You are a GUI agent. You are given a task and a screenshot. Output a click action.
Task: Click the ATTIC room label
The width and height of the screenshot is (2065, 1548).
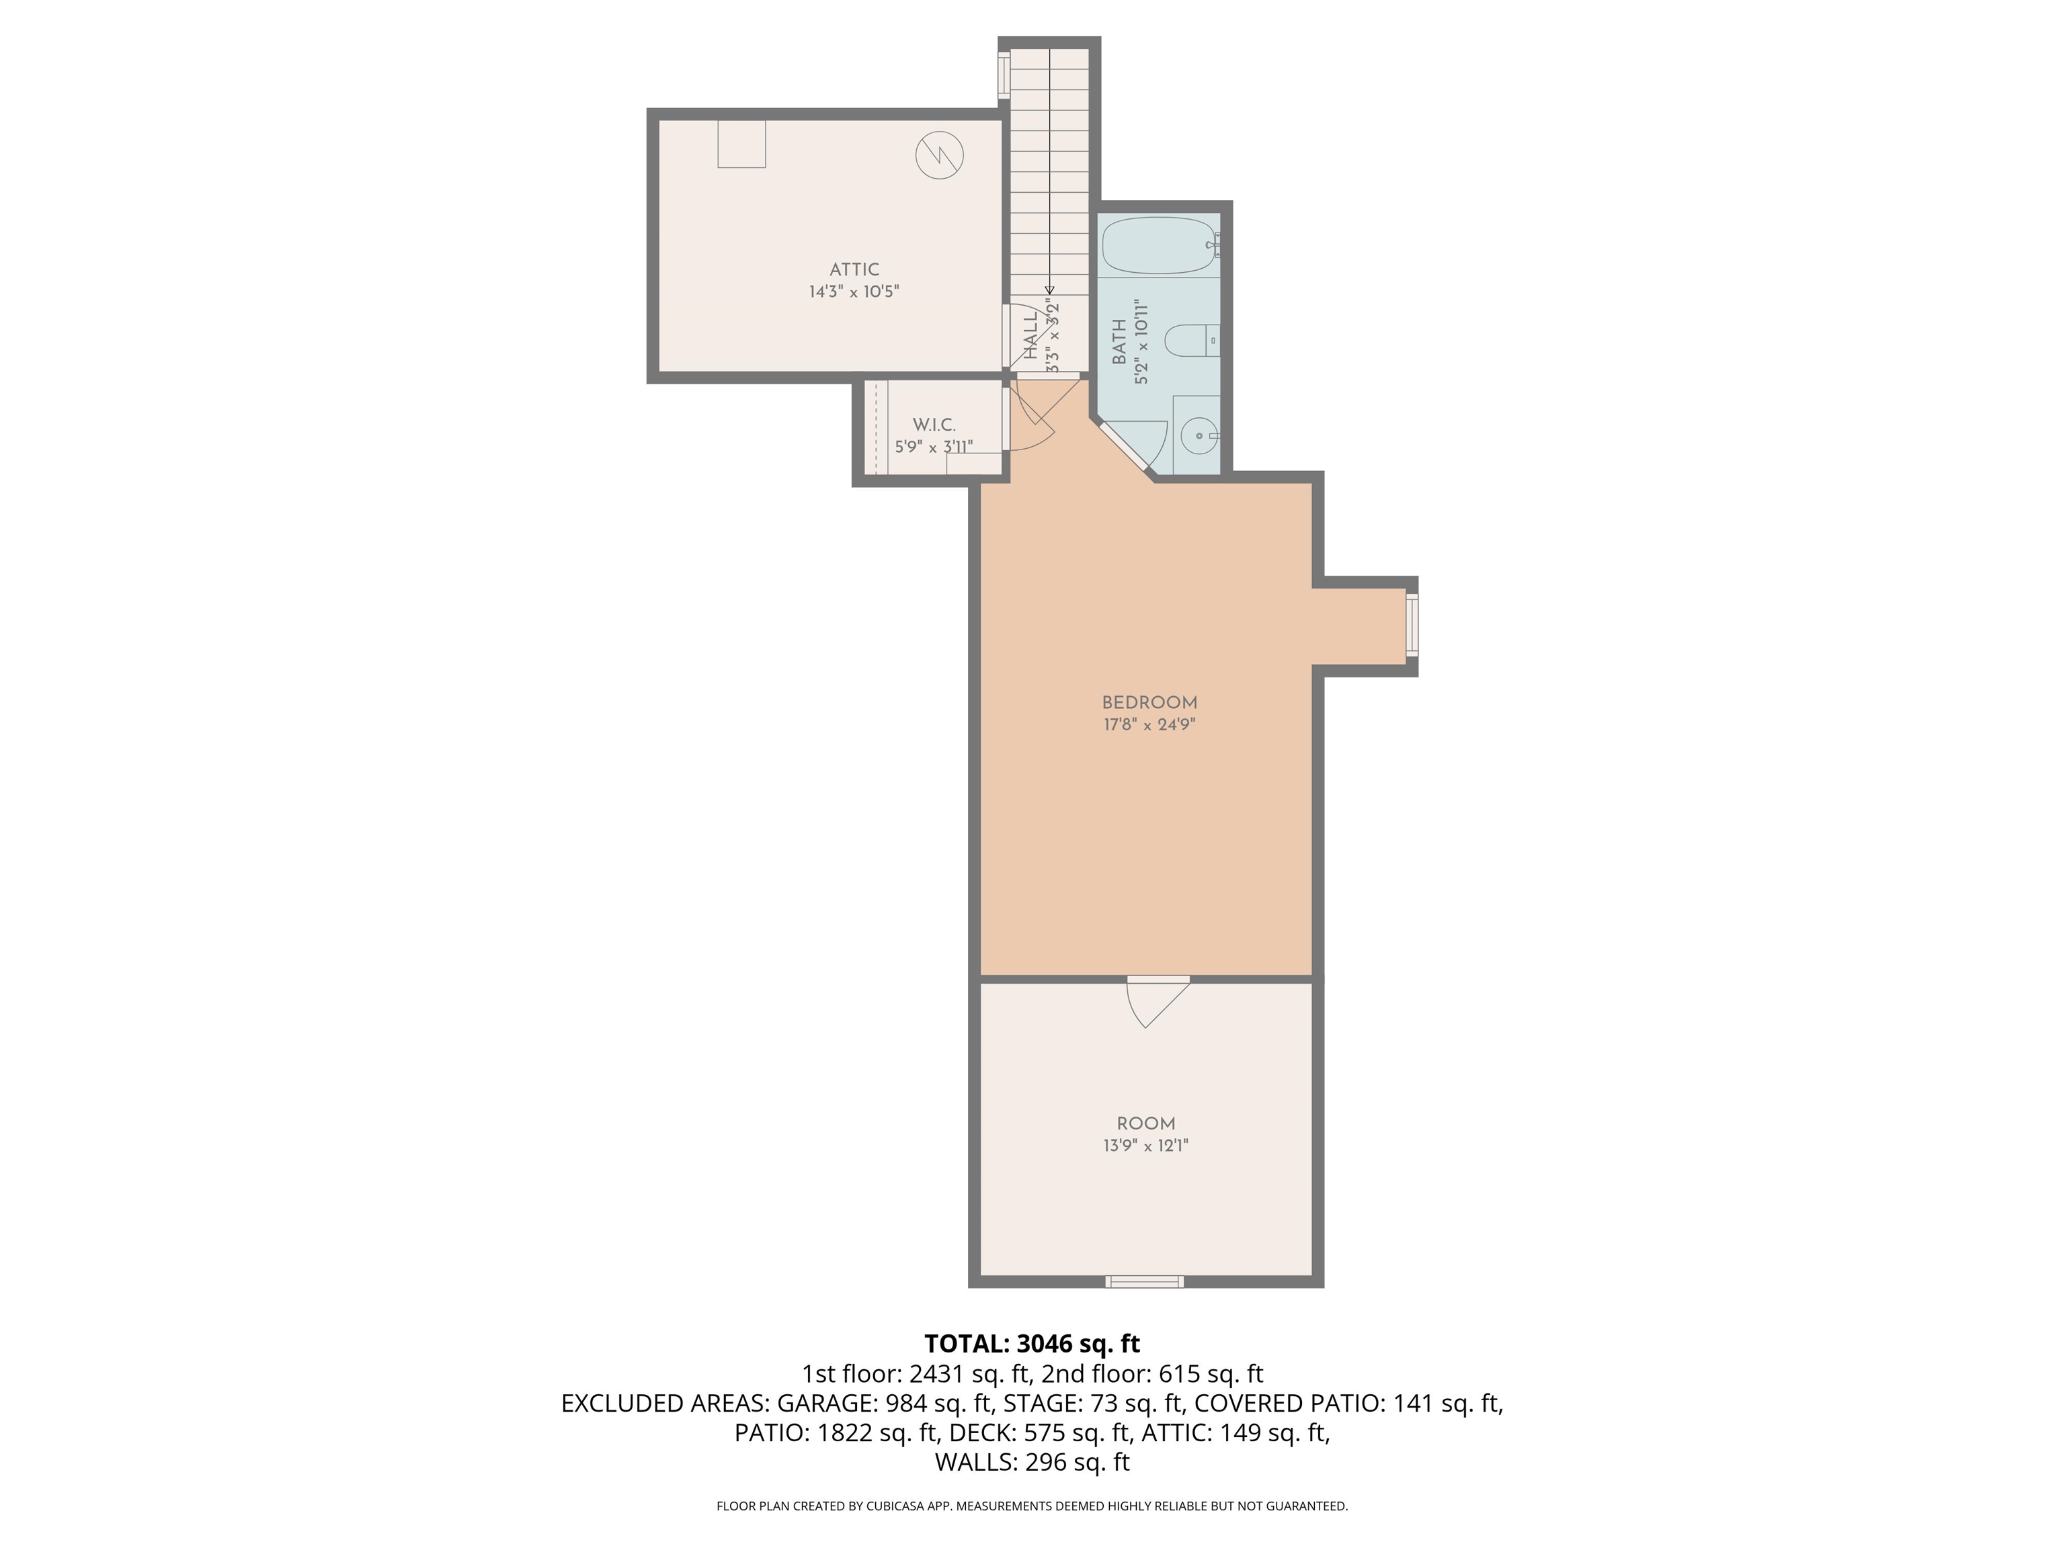tap(854, 269)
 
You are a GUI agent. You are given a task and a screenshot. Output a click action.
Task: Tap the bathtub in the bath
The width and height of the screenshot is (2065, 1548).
tap(1158, 245)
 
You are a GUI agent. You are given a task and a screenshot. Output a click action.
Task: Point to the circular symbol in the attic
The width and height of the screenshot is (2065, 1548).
tap(939, 156)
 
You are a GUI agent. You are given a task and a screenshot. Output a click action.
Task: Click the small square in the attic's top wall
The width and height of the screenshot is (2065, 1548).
tap(741, 144)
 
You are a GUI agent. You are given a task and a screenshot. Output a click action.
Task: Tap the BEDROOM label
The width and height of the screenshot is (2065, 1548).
tap(1149, 703)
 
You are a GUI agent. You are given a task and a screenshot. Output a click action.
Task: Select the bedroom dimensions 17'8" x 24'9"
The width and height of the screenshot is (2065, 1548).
tap(1149, 725)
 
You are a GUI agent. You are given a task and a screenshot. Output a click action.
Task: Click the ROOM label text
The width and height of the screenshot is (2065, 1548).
tap(1145, 1124)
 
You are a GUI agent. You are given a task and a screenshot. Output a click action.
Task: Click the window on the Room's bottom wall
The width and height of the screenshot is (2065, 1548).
tap(1145, 1282)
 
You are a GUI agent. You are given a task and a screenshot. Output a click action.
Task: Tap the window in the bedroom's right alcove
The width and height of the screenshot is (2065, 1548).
tap(1412, 625)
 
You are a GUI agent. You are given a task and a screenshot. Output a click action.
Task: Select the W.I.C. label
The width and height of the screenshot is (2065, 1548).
tap(934, 425)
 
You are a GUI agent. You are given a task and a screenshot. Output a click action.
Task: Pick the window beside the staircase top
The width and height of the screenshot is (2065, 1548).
tap(1004, 75)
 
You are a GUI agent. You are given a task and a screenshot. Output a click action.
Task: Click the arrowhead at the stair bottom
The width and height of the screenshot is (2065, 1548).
tap(1049, 290)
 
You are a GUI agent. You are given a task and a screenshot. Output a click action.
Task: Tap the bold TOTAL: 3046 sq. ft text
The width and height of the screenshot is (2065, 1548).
tap(1032, 1344)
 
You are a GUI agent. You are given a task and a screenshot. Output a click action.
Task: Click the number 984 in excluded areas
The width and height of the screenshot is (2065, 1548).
tap(903, 1404)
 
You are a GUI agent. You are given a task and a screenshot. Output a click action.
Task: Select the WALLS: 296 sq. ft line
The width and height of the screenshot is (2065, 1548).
tap(1032, 1462)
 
